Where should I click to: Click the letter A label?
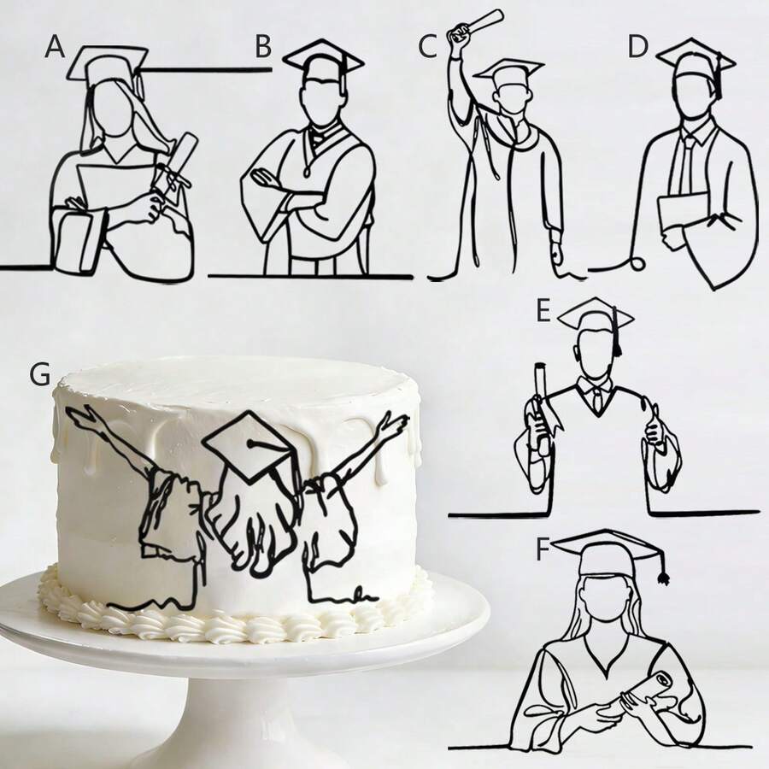pyautogui.click(x=55, y=48)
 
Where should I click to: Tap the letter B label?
pyautogui.click(x=263, y=47)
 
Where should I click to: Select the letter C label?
pyautogui.click(x=427, y=47)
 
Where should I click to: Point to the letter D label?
pyautogui.click(x=638, y=47)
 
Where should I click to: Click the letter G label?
pyautogui.click(x=39, y=374)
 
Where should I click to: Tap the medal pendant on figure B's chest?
pyautogui.click(x=308, y=172)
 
